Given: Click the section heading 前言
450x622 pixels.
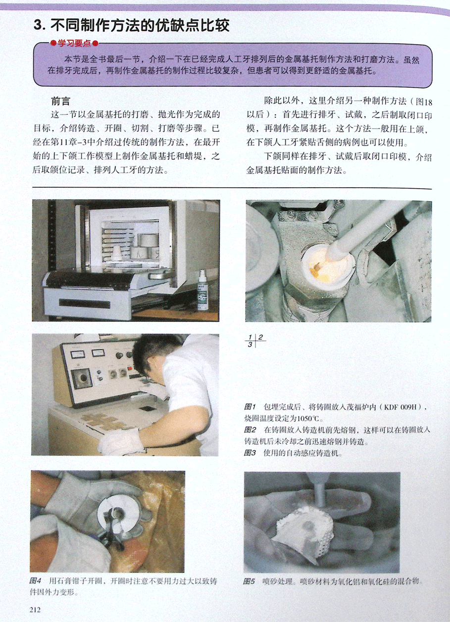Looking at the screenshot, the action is click(x=60, y=102).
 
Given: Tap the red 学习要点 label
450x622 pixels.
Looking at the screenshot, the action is click(x=74, y=43).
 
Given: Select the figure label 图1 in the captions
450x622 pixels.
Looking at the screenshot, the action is click(x=250, y=407).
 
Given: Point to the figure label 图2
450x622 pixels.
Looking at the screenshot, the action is click(x=250, y=430).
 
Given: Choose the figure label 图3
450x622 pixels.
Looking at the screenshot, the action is click(x=250, y=453).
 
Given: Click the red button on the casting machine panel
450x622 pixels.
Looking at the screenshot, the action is click(x=130, y=368).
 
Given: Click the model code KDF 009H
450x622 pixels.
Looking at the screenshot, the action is click(x=400, y=408).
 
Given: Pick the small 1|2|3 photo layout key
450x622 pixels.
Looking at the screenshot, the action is click(x=255, y=341).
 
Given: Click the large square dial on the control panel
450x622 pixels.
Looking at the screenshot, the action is click(x=83, y=378).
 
